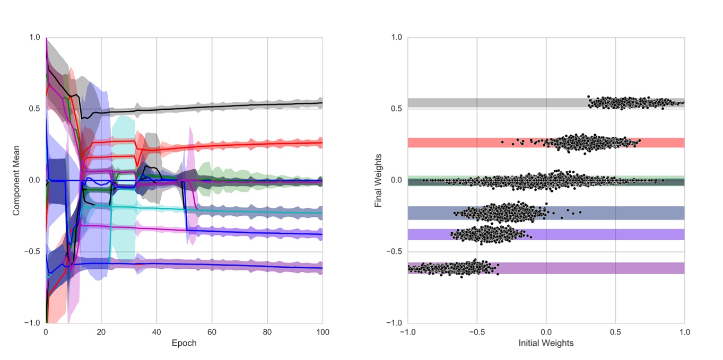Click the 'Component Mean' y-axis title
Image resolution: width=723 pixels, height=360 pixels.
click(x=16, y=180)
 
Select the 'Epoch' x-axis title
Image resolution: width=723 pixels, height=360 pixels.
click(x=184, y=343)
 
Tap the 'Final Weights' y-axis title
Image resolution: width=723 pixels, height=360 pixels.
click(x=378, y=180)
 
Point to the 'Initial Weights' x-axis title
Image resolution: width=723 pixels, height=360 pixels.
click(x=546, y=343)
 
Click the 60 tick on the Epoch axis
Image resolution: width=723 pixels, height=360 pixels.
click(x=212, y=331)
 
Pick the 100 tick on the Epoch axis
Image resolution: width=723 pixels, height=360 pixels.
click(x=322, y=331)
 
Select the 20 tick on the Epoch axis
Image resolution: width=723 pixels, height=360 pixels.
click(x=101, y=331)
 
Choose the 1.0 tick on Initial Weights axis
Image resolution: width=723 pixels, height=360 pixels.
click(x=684, y=331)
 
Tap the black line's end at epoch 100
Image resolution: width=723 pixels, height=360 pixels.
click(x=321, y=103)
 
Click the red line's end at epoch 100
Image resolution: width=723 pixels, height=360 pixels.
click(x=321, y=143)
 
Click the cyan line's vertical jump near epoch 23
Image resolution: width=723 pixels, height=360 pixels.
click(x=110, y=233)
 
